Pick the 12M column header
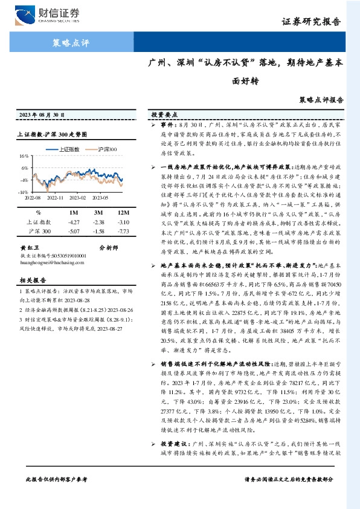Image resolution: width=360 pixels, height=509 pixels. tap(124, 213)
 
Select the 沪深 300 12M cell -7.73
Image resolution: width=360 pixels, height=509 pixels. tap(123, 232)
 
